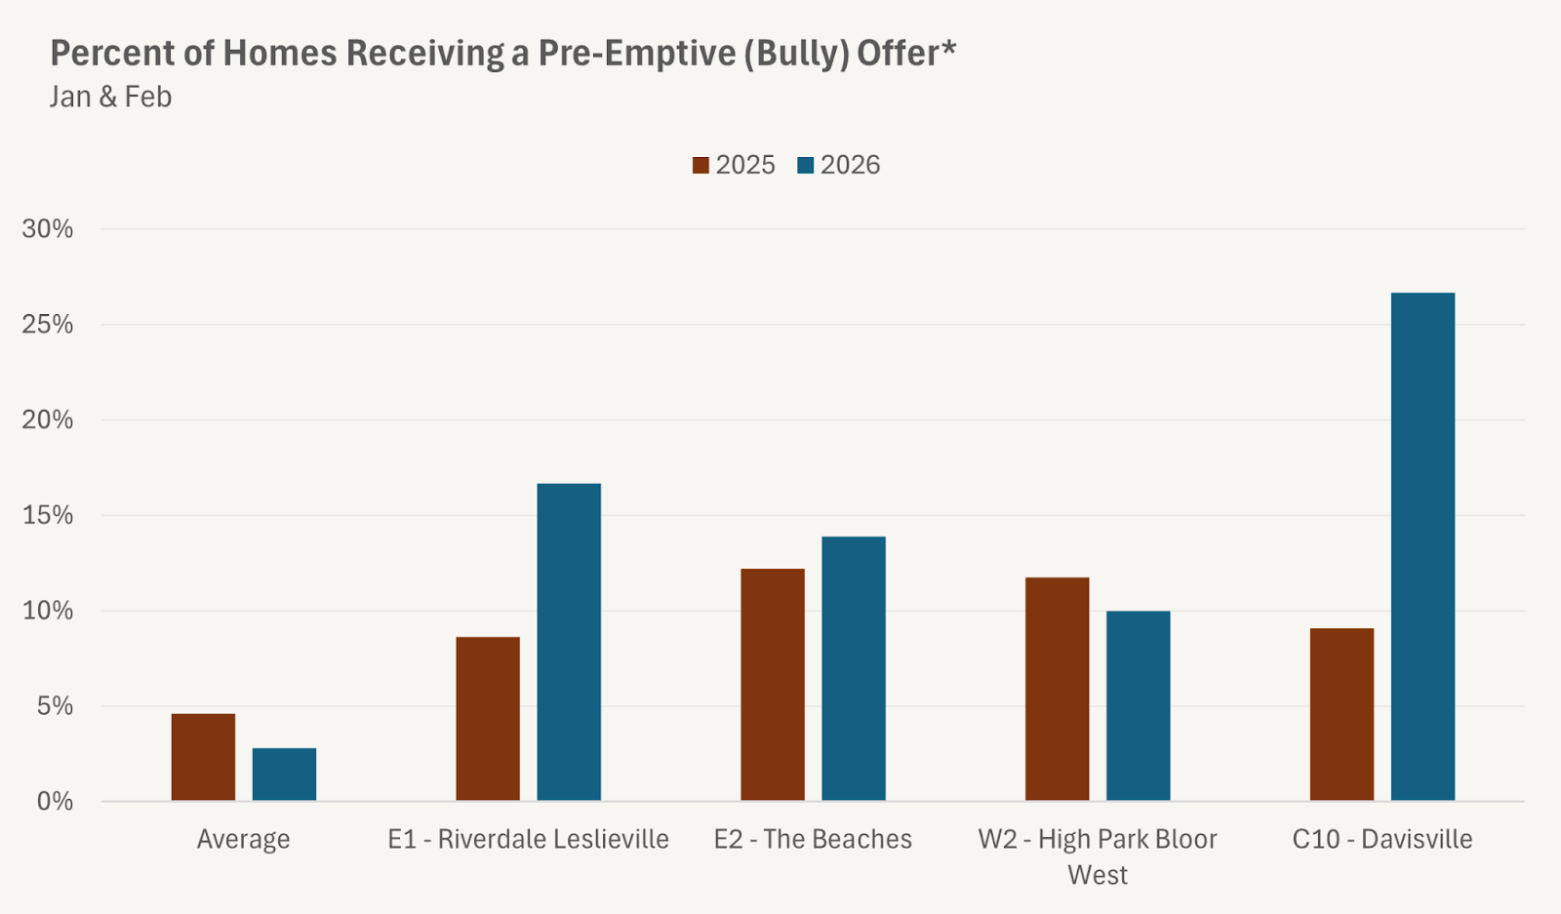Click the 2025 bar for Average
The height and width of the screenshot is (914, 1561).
[203, 757]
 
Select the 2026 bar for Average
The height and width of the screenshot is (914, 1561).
[284, 775]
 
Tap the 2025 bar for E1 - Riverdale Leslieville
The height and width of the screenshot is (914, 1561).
[488, 719]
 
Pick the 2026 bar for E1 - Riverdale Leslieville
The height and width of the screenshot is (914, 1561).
[569, 642]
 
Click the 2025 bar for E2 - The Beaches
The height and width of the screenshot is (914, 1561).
[773, 685]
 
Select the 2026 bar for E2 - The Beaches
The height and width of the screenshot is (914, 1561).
[854, 668]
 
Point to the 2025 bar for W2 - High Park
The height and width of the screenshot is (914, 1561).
[1057, 689]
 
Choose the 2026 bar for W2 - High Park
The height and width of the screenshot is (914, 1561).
[1138, 705]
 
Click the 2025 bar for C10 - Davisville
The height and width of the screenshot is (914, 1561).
[1341, 714]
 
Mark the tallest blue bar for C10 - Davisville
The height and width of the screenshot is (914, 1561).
[1422, 546]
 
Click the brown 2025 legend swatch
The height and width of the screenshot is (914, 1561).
[700, 166]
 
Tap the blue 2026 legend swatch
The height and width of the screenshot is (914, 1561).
[805, 166]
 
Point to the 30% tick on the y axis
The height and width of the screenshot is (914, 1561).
[48, 229]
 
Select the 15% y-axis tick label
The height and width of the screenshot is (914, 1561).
[48, 515]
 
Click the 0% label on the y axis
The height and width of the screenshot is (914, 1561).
[55, 802]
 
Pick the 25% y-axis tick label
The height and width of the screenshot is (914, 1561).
[48, 325]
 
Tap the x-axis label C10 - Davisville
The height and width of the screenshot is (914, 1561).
[1381, 840]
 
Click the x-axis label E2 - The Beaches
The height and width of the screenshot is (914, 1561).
[813, 840]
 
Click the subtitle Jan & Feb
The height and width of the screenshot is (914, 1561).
[110, 98]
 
